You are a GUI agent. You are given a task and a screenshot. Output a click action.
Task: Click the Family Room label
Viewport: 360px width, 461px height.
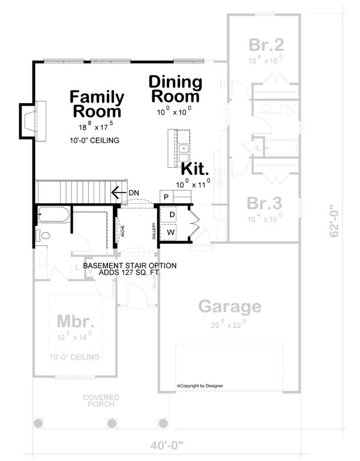97,104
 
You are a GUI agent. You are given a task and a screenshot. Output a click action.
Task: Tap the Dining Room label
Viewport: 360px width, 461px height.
175,89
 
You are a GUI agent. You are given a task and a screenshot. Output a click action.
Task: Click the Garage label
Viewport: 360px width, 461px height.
230,308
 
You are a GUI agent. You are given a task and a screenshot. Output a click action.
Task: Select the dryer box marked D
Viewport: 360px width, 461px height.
171,215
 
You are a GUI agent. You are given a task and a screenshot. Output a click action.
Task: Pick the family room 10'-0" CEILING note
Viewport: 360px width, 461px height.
93,140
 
